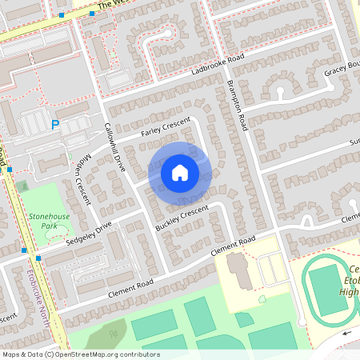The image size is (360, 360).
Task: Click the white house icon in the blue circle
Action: [x=180, y=172]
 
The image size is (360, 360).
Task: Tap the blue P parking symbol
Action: [x=55, y=124]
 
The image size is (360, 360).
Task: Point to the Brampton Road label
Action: [x=237, y=105]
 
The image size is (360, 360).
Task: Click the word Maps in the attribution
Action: [x=12, y=354]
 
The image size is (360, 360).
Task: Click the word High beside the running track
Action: [x=349, y=292]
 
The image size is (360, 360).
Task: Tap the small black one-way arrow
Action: [x=348, y=333]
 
